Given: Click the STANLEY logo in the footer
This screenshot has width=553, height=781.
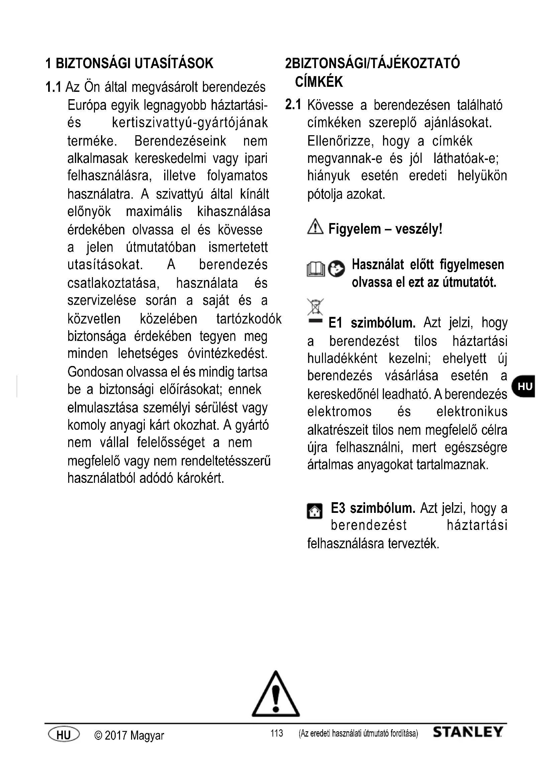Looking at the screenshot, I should tap(467, 732).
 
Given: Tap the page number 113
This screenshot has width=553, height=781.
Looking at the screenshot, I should tap(276, 733).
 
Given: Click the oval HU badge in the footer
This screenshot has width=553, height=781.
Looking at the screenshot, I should tap(64, 734).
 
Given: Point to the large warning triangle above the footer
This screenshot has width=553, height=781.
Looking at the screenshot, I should tap(276, 695).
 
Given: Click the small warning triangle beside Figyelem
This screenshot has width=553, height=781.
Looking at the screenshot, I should tap(315, 227).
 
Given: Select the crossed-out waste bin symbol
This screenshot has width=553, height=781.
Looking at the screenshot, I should tap(315, 307).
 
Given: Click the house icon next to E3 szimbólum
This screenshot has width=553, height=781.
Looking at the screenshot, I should tap(315, 511).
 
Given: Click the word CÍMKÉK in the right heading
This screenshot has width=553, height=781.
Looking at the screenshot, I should tap(319, 82).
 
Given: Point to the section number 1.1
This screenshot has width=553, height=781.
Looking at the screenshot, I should tap(53, 87).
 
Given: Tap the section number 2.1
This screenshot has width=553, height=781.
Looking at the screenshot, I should tap(293, 105).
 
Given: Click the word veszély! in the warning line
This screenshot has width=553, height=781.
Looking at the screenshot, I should tap(419, 229).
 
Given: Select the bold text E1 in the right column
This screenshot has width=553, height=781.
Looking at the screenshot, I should tap(335, 323).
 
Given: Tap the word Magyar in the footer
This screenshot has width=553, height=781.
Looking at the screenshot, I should tap(147, 735).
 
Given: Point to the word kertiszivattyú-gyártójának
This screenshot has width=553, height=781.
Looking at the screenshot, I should tap(190, 123).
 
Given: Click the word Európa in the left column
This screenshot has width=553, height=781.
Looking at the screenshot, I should tap(87, 106).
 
